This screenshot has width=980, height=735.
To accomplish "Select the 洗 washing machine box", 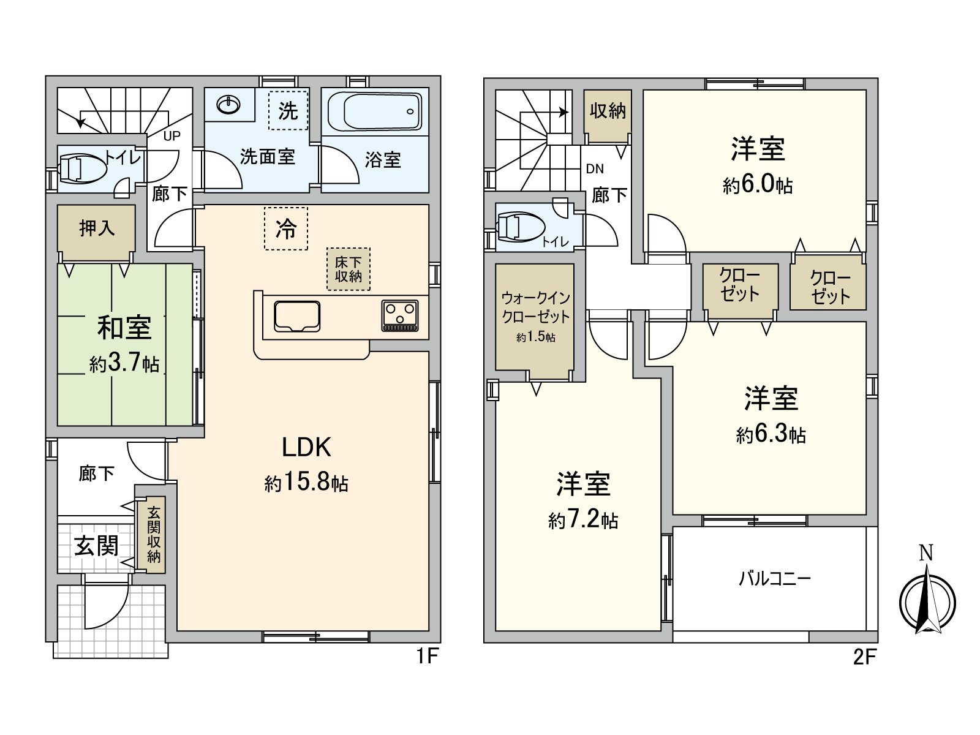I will pyautogui.click(x=288, y=111).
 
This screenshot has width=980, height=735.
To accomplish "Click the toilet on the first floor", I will pyautogui.click(x=82, y=168).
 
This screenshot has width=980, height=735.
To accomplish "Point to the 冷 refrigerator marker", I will pyautogui.click(x=285, y=229).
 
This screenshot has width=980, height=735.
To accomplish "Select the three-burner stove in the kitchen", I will pyautogui.click(x=400, y=315).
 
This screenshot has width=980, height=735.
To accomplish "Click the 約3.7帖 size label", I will pyautogui.click(x=124, y=364).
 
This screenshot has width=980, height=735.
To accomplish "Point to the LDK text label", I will pyautogui.click(x=306, y=448).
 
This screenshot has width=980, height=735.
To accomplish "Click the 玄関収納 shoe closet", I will pyautogui.click(x=153, y=535).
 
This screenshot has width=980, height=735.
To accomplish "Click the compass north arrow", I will pyautogui.click(x=927, y=600).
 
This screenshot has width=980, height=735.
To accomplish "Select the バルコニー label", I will pyautogui.click(x=775, y=578).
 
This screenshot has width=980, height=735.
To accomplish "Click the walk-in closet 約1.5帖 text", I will pyautogui.click(x=535, y=337).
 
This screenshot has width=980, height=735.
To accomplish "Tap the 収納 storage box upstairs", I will pyautogui.click(x=607, y=111).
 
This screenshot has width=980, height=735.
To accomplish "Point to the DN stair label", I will pyautogui.click(x=595, y=169).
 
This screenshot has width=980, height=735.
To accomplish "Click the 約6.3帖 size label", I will pyautogui.click(x=771, y=434).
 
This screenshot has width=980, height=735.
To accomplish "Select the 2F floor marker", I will pyautogui.click(x=864, y=657).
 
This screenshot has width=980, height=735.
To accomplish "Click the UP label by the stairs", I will pyautogui.click(x=172, y=136).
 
